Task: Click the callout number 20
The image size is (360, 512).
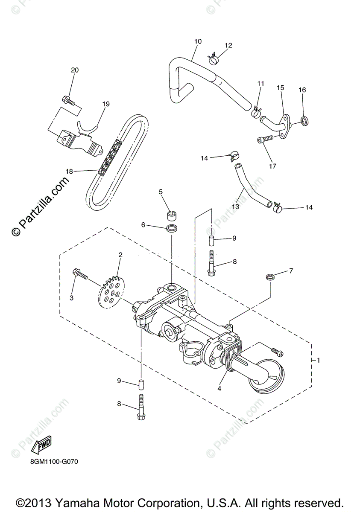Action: [75, 70]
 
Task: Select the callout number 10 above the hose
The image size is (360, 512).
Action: [197, 41]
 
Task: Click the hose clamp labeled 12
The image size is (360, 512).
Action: [214, 59]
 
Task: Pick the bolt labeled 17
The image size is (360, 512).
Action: [265, 140]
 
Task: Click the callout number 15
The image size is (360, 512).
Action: [280, 87]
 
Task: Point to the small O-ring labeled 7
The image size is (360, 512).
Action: [269, 278]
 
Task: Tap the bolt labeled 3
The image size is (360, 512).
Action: [80, 274]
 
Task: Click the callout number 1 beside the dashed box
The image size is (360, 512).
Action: [318, 360]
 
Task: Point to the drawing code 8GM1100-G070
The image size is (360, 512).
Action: [54, 462]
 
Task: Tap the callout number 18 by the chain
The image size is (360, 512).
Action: [69, 171]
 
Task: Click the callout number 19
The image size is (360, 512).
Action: [106, 104]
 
